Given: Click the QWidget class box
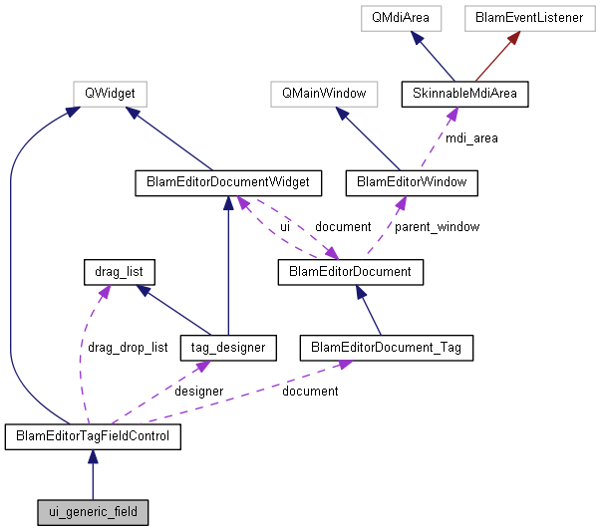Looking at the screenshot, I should point(110,94).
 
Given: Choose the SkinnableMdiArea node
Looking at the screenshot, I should point(464,94).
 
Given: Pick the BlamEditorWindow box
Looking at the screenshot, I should point(412,182).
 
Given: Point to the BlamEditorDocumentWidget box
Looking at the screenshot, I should point(228,182).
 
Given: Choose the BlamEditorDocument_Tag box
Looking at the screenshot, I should point(386,348).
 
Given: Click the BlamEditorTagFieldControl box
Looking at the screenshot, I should point(93,436).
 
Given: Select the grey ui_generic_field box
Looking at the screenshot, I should point(93,513).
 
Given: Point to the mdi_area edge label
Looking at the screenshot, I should point(472,138).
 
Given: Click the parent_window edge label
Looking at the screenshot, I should point(437,227).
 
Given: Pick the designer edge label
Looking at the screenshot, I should point(198,392).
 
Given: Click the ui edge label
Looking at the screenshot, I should point(284,227).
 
